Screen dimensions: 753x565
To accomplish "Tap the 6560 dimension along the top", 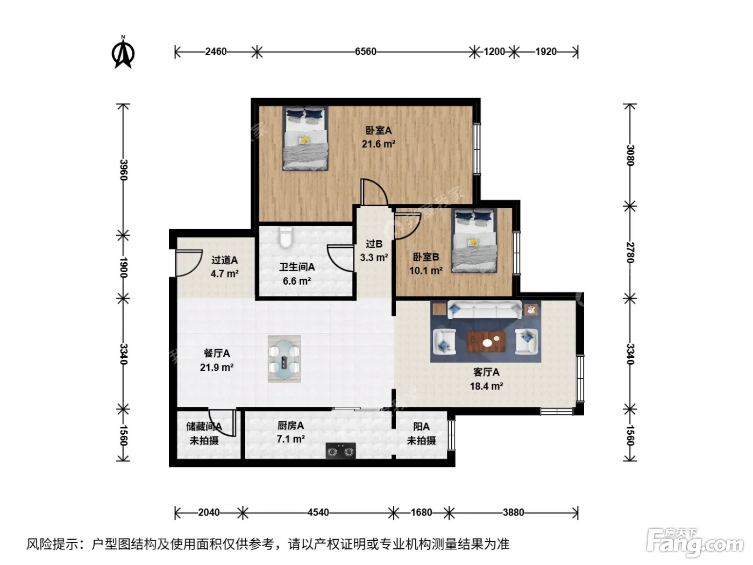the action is pos(365,52).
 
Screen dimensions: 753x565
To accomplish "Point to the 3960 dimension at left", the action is pos(123,170).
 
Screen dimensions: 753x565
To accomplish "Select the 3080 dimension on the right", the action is pos(630,155).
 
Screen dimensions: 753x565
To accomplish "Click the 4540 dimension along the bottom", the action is pos(318,512).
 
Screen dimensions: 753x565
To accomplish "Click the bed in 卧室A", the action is pos(306,138).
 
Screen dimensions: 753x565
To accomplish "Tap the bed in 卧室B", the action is pos(474,241).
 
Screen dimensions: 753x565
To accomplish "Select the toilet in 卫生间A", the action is pos(286,237).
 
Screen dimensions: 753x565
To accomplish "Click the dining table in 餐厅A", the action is pos(285,359).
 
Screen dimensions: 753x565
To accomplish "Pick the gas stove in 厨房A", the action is pos(340,451).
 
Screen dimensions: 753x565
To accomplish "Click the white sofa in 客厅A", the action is pos(485,310).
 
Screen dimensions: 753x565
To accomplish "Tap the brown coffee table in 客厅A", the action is pos(486,342).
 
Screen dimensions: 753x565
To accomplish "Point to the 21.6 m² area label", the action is pos(379,144).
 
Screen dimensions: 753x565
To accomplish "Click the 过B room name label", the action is pos(374,244).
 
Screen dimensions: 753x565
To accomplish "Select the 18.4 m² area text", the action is pos(486,386).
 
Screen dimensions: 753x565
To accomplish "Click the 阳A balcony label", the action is pos(421,426).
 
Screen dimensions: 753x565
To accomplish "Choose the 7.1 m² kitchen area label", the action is pos(291,439).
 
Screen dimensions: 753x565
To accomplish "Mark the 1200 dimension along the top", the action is pos(494,52).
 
